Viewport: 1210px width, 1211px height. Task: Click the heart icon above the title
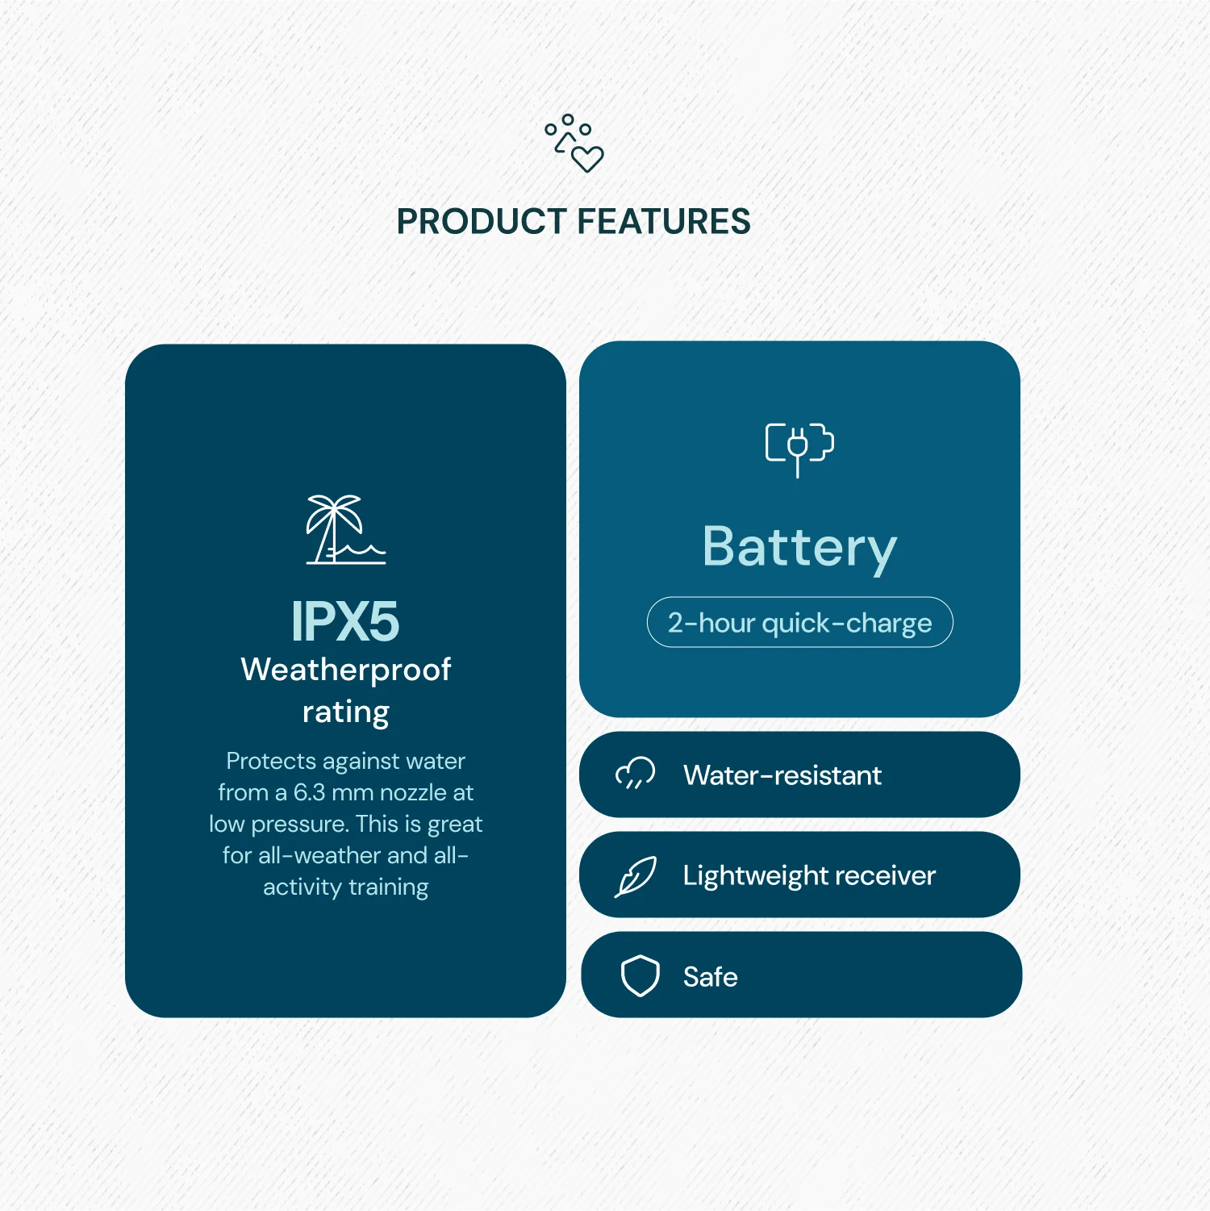(587, 159)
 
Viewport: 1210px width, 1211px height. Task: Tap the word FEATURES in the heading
(664, 222)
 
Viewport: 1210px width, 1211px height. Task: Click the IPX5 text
(345, 621)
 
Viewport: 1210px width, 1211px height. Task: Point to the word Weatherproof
(345, 670)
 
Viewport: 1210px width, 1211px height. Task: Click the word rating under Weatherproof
(345, 712)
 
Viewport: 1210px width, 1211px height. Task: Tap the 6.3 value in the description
(309, 792)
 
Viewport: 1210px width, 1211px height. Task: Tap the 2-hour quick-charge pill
(799, 623)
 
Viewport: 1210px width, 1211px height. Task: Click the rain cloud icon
(636, 773)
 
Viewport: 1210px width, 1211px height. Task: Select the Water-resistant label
(782, 775)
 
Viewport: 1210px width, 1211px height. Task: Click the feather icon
(636, 876)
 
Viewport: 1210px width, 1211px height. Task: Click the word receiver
(886, 875)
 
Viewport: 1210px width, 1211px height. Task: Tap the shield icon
(640, 976)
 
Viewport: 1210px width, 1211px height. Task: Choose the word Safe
(710, 977)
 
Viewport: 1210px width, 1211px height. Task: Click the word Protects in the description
(271, 761)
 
